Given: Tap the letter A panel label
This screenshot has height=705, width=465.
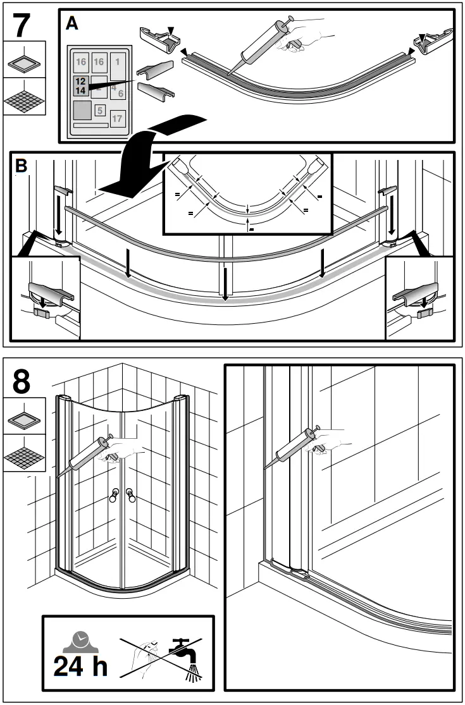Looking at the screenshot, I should tap(71, 23).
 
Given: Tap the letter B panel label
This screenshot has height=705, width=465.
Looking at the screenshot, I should tap(21, 166).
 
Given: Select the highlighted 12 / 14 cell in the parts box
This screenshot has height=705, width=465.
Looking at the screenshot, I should tap(80, 86).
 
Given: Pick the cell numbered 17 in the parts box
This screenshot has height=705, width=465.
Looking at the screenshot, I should tap(117, 118).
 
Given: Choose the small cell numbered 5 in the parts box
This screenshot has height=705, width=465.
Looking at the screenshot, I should tap(100, 110).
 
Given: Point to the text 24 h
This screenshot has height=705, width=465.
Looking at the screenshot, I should tap(80, 665).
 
